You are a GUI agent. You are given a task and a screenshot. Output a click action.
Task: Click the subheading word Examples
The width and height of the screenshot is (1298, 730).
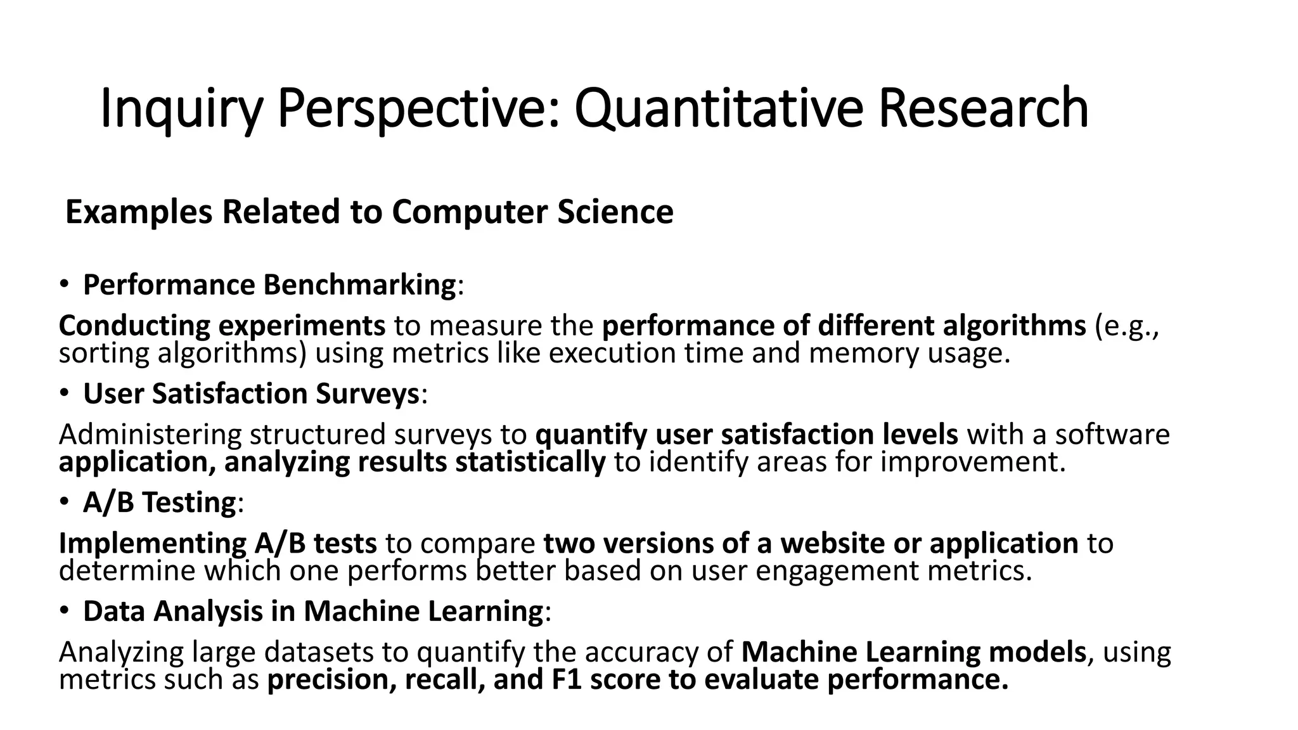coord(139,213)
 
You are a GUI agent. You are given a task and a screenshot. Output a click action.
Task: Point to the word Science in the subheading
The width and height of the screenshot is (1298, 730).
coord(615,212)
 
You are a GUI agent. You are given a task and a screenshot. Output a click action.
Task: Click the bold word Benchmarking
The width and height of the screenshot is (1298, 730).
coord(359,285)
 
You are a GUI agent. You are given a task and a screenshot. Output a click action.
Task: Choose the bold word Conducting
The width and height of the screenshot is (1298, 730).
coord(134,326)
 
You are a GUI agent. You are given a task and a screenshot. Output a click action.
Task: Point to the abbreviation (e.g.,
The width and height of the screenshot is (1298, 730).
coord(1127,326)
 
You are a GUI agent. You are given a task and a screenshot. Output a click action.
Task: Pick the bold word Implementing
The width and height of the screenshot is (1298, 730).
coord(152,544)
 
